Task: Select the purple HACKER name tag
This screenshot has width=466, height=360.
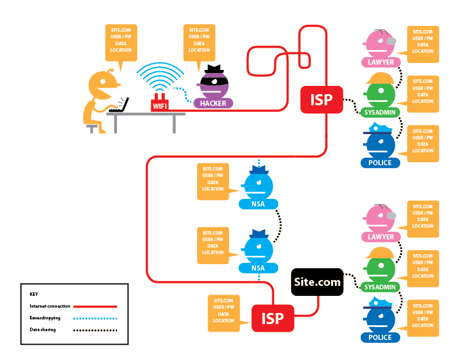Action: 213,104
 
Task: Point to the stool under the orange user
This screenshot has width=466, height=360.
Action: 92,127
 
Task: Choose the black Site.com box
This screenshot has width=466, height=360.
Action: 317,282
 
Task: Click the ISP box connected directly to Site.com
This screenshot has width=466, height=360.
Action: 272,318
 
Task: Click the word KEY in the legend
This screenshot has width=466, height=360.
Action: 34,294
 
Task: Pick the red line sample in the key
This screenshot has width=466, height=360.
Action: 94,306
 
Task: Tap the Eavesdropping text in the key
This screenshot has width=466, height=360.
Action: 44,318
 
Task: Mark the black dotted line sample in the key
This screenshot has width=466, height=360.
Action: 94,330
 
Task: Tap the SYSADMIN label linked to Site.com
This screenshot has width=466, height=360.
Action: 379,287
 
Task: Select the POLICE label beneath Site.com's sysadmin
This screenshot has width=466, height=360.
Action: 380,338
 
